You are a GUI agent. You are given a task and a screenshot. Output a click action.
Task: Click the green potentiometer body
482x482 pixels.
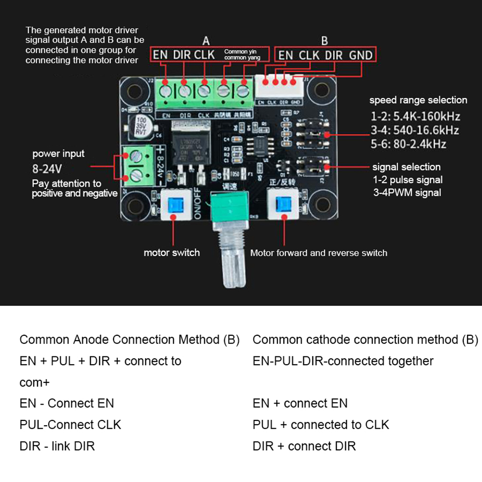[x=230, y=207]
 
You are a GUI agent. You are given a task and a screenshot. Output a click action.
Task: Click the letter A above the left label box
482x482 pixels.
[x=205, y=40]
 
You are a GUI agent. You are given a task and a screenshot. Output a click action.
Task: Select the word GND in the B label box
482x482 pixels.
[x=361, y=55]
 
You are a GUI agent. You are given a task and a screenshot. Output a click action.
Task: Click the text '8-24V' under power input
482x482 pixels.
[x=47, y=169]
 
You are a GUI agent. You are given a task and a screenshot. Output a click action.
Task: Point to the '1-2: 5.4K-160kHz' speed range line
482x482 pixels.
[x=415, y=116]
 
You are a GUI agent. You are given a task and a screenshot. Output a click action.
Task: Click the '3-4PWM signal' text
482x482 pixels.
[x=407, y=192]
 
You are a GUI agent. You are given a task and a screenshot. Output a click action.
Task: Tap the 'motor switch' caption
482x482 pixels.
[x=172, y=253]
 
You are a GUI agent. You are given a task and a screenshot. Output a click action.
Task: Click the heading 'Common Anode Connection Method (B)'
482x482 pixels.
[x=129, y=340]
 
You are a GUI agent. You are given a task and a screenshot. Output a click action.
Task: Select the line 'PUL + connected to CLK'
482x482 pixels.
[x=321, y=425]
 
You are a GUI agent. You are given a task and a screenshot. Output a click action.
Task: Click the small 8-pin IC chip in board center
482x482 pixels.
[x=259, y=144]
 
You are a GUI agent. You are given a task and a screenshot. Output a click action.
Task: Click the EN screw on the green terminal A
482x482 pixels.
[x=166, y=89]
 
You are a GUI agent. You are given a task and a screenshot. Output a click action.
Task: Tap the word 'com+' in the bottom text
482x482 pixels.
[x=35, y=382]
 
